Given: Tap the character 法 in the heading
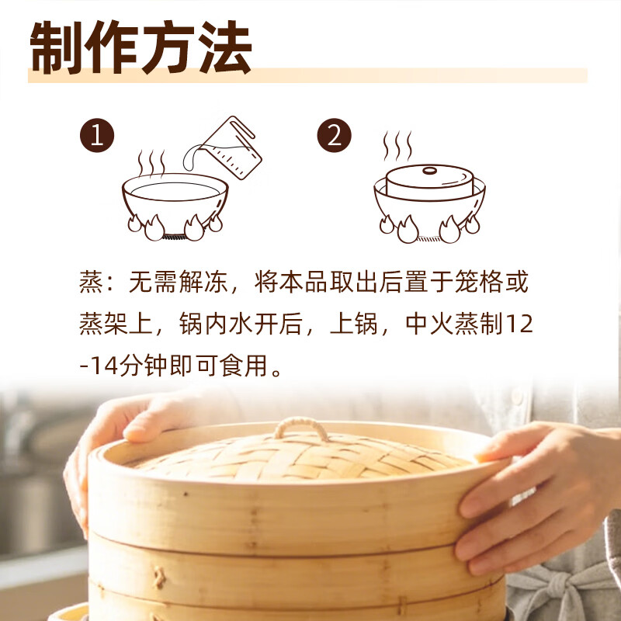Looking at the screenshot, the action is click(225, 47).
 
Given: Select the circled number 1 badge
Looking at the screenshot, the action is click(97, 135).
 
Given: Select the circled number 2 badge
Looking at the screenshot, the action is click(335, 135).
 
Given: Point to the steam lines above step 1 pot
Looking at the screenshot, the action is click(151, 162).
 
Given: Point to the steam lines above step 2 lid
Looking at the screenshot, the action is click(397, 146).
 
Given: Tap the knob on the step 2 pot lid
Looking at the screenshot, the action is click(430, 171).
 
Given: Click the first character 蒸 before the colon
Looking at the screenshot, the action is click(91, 282).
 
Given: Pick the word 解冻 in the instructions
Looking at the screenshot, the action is click(203, 282).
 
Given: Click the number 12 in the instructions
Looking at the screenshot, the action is click(519, 324).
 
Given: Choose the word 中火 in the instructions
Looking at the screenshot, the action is click(430, 324).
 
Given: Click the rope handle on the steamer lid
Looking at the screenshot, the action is click(301, 428).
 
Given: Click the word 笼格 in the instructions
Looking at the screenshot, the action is click(479, 282).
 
